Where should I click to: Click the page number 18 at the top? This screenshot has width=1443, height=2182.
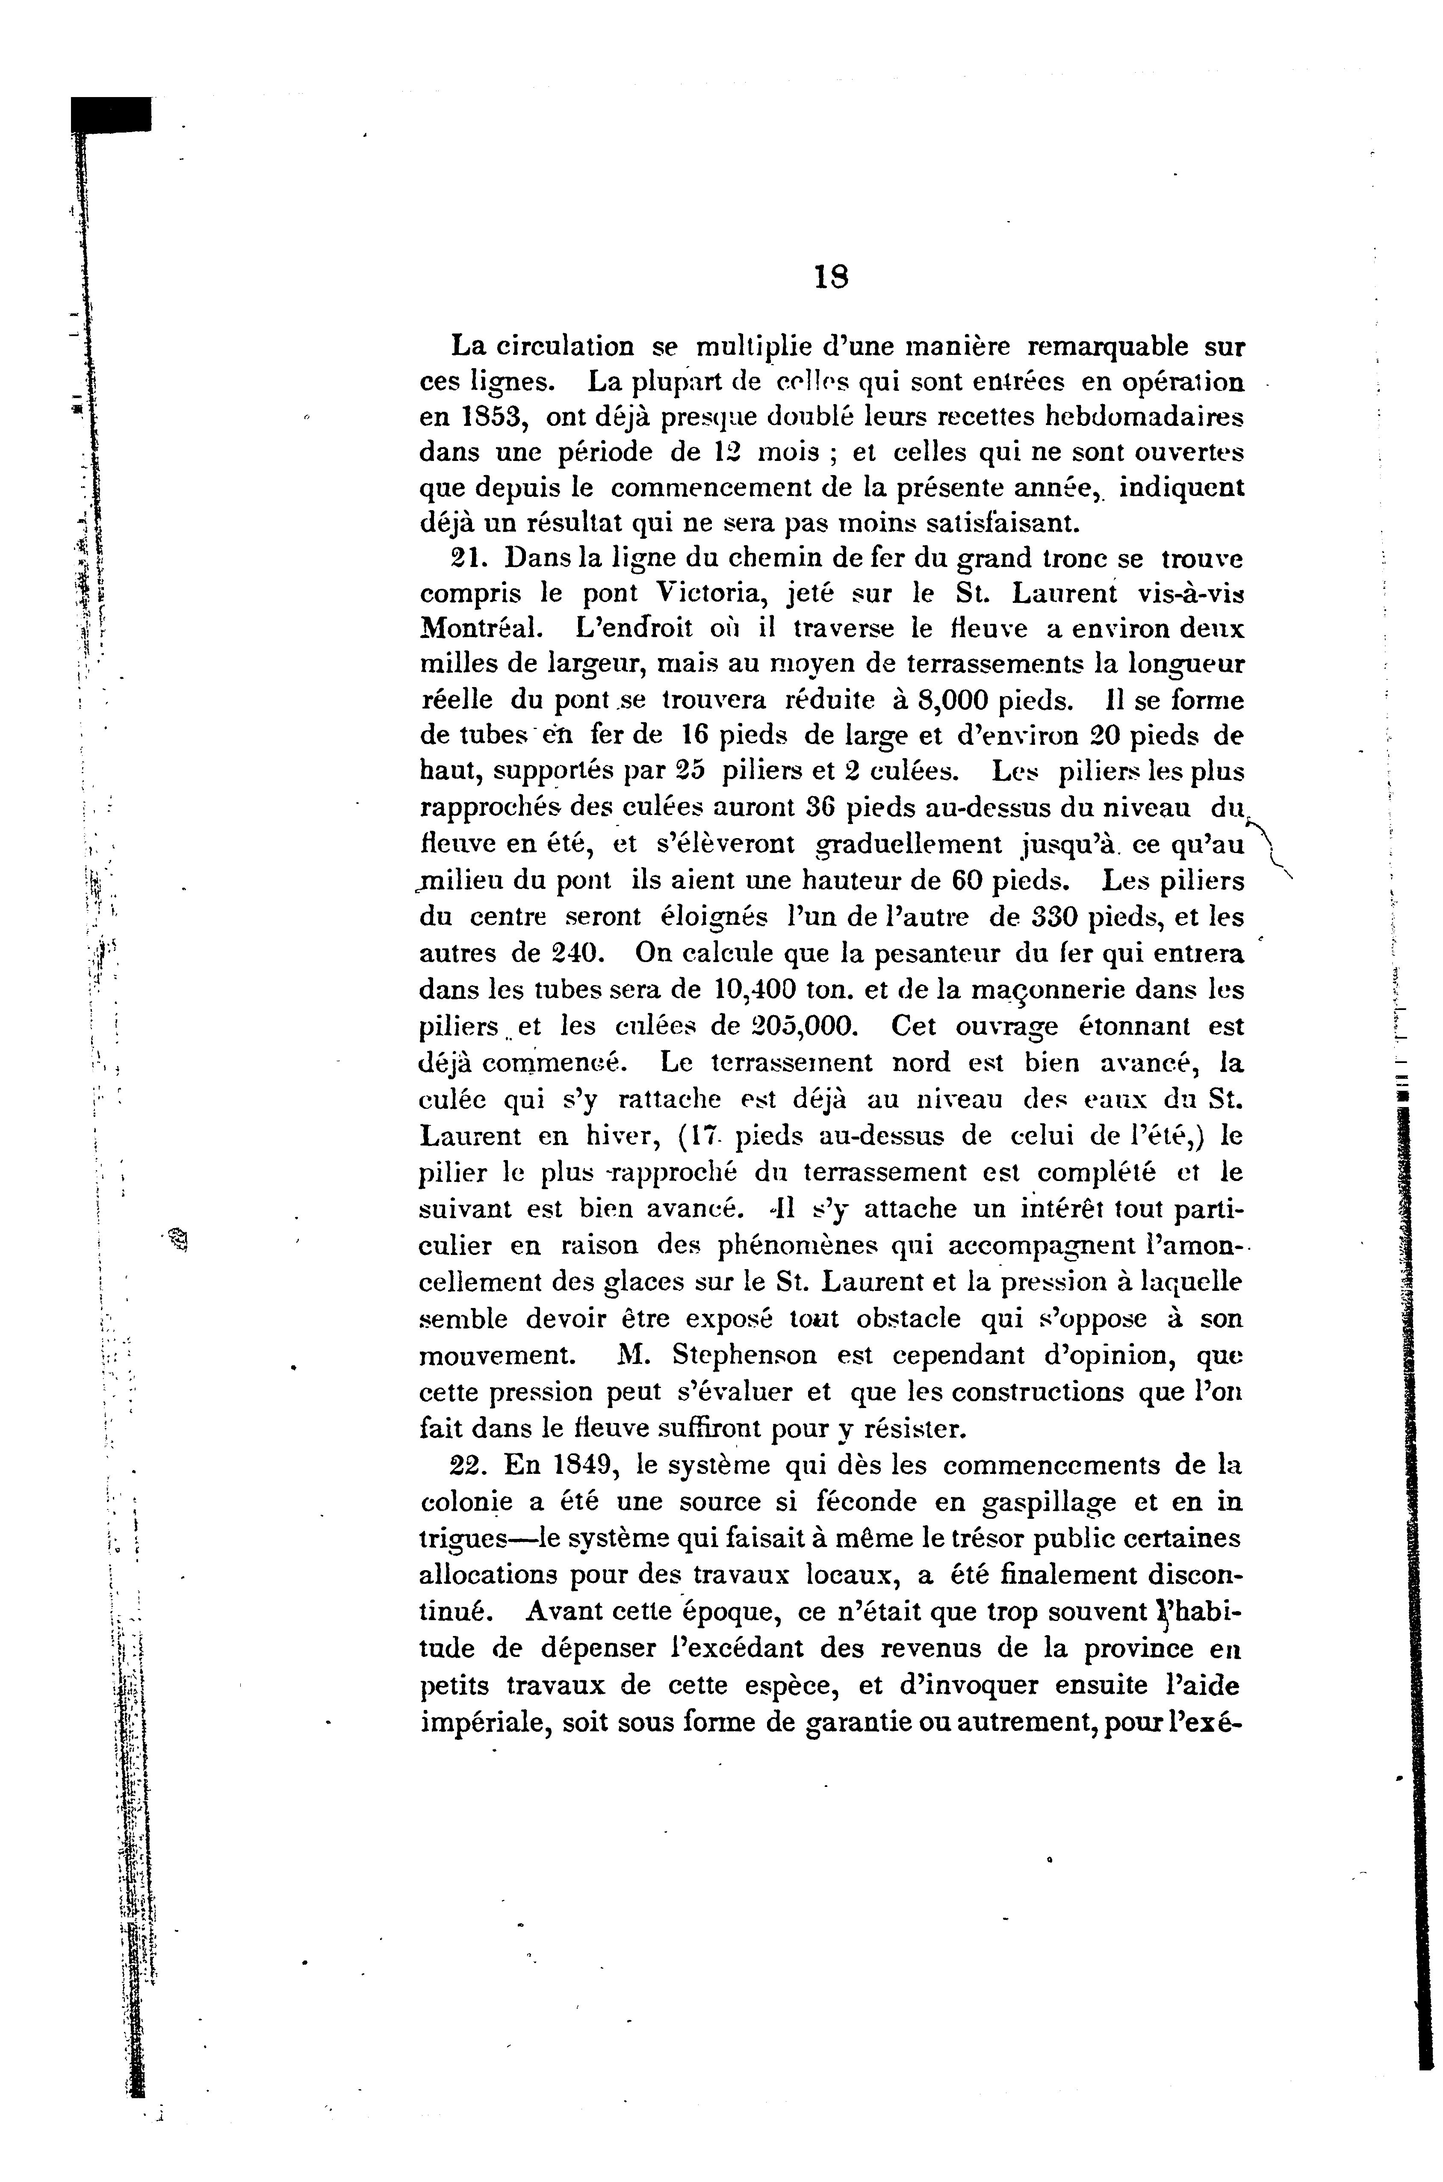coord(831,277)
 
